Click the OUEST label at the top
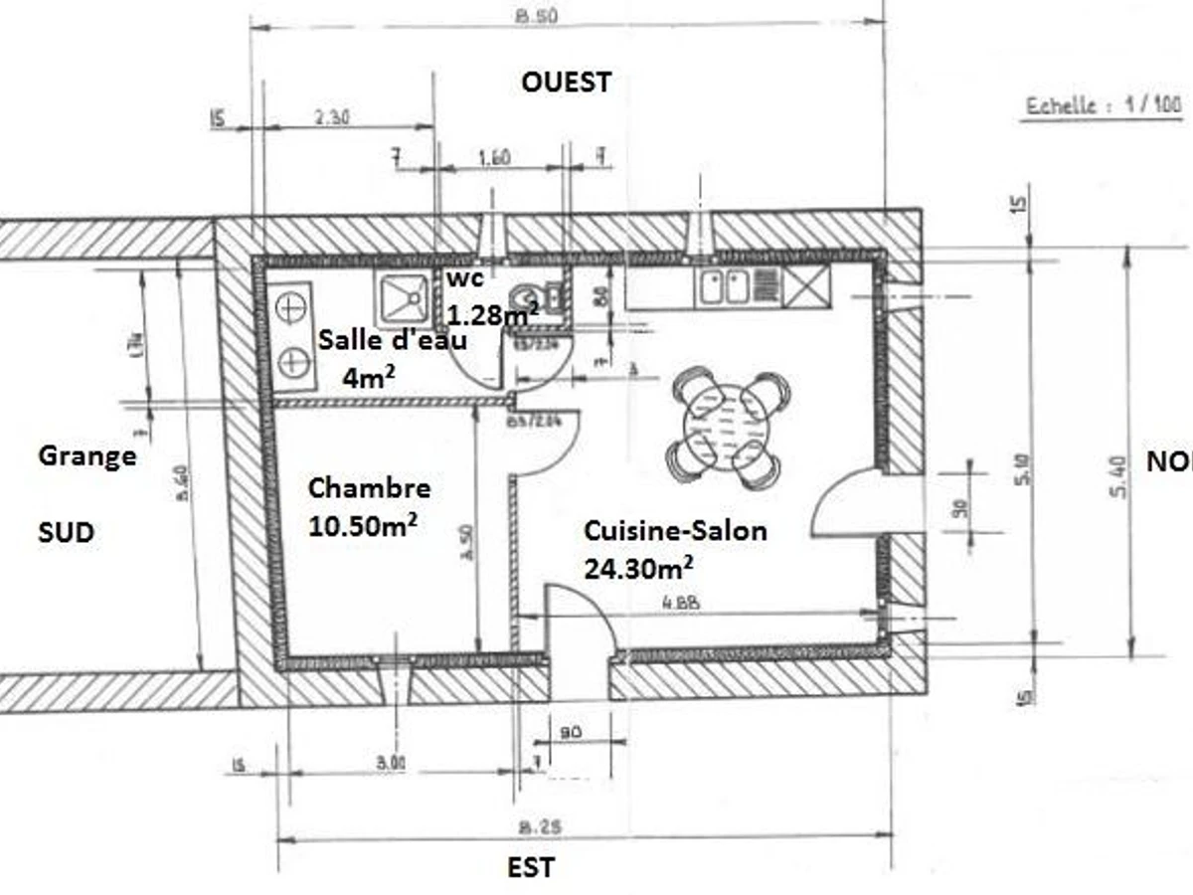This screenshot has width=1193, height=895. pyautogui.click(x=566, y=82)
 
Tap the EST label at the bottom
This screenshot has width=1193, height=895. pyautogui.click(x=531, y=867)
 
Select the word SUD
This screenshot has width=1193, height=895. pyautogui.click(x=66, y=533)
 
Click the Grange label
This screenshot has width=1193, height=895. pyautogui.click(x=87, y=456)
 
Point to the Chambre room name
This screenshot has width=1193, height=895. pyautogui.click(x=369, y=488)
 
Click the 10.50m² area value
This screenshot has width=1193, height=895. pyautogui.click(x=362, y=525)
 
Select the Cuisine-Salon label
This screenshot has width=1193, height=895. pyautogui.click(x=675, y=531)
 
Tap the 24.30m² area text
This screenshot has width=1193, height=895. pyautogui.click(x=638, y=567)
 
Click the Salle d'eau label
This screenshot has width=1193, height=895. pyautogui.click(x=393, y=339)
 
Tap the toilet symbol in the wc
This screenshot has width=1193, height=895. pyautogui.click(x=526, y=296)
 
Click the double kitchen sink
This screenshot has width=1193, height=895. pyautogui.click(x=724, y=286)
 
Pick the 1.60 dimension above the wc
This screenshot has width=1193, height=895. pyautogui.click(x=494, y=156)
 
